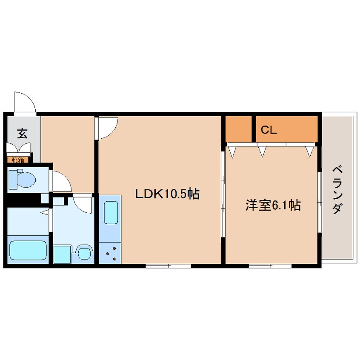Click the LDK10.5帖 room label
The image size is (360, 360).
pos(167,194)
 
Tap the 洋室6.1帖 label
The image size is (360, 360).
pos(273,205)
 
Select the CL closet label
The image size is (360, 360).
pos(269,130)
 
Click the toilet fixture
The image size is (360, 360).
pos(22,179)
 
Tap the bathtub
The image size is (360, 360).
pos(28,250)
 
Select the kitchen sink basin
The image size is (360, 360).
pos(111,212)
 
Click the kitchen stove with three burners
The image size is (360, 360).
pos(110,253)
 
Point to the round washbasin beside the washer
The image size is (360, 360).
pos(83,253)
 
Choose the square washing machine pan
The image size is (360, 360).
pos(62,254)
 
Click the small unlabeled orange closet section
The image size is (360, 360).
pos(239,129)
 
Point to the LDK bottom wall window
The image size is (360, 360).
pos(168,266)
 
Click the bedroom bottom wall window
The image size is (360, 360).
pos(270,266)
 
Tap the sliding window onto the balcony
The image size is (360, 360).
pos(320,202)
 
